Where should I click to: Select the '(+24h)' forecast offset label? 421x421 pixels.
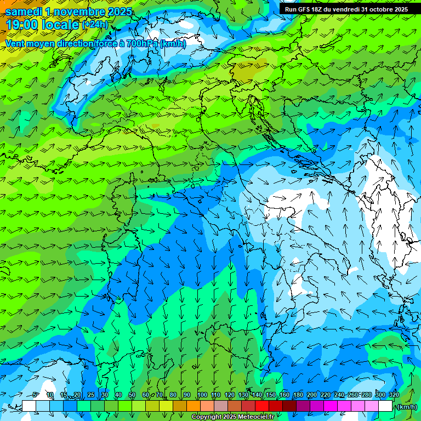pos(96,25)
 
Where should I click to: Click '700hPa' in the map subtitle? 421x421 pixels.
pos(139,43)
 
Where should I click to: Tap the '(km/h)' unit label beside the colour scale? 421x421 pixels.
pos(406,407)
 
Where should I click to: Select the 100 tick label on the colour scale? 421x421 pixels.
pos(202,395)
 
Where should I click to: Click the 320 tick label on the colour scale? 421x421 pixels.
pos(394,395)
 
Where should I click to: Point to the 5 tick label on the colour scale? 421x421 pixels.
pos(36,395)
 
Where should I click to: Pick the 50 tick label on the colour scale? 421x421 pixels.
pos(132,395)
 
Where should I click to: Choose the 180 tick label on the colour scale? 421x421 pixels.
pos(298,395)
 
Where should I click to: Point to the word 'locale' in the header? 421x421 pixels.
pos(60,25)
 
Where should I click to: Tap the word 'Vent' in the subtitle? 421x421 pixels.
pos(15,43)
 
